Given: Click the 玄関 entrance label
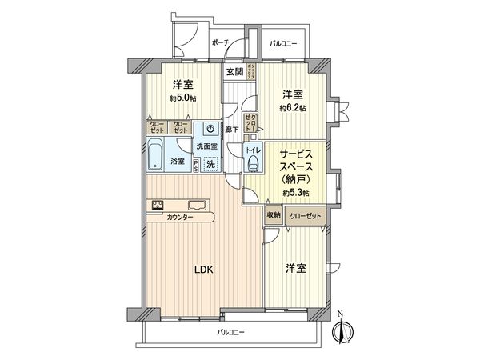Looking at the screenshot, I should click(x=234, y=72).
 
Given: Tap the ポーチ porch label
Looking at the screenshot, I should click(x=221, y=42).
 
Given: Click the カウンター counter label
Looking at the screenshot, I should click(x=180, y=218).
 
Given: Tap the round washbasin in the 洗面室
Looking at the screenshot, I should click(x=210, y=129).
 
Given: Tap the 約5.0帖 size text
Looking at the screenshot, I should click(x=183, y=98).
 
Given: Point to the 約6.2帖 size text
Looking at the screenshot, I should click(x=292, y=107).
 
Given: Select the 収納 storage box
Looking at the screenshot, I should click(x=274, y=214).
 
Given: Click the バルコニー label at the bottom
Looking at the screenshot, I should click(x=230, y=332).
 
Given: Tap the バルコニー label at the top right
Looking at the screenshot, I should click(x=284, y=42).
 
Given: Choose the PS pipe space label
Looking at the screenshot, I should click(x=195, y=162).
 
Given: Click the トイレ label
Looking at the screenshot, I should click(x=252, y=150).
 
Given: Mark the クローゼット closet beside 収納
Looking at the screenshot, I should click(x=303, y=214).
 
